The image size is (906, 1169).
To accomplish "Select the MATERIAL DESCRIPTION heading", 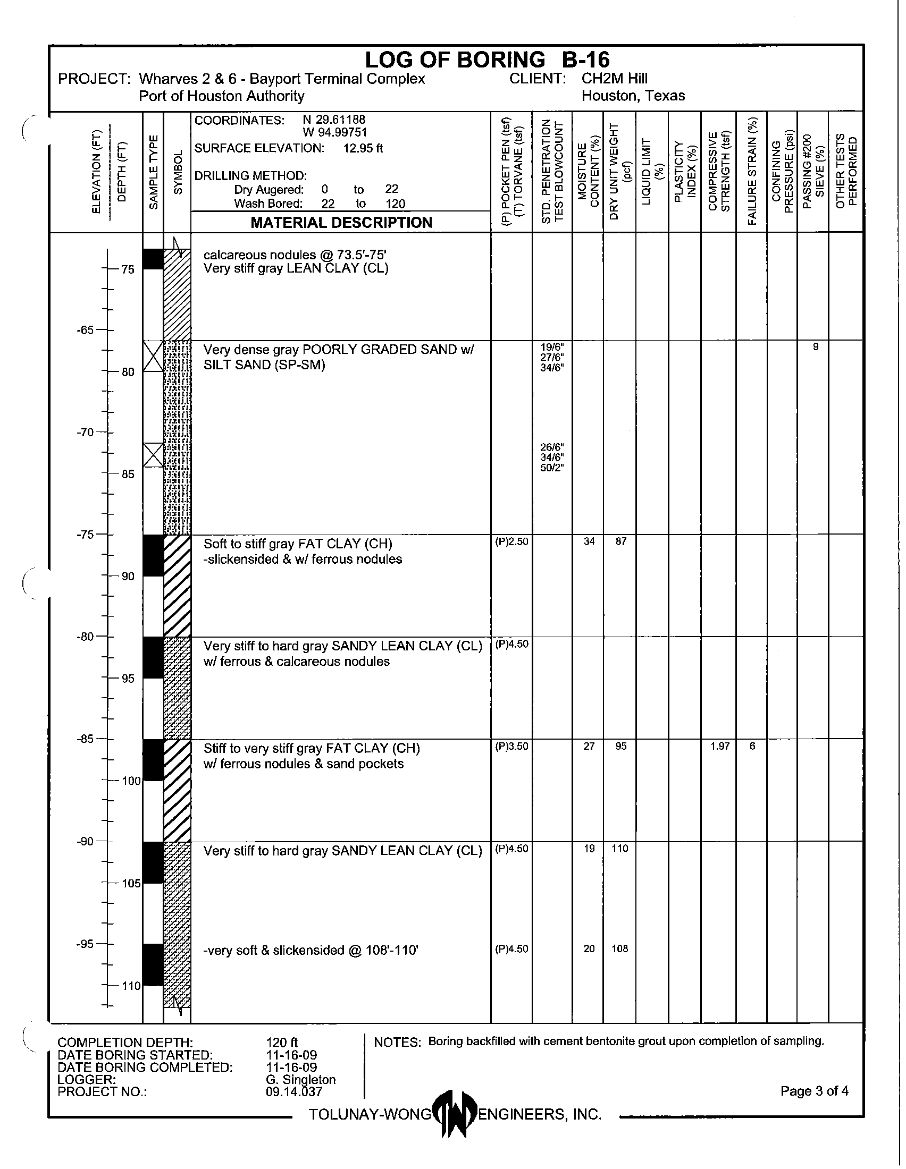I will click(341, 223).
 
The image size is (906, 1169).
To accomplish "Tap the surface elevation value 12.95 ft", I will click(363, 148).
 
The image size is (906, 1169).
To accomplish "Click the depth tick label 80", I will click(128, 372).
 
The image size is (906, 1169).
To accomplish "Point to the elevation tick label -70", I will click(85, 432).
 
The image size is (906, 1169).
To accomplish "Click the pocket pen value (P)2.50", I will click(511, 541).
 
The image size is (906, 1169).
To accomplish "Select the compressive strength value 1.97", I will click(720, 746).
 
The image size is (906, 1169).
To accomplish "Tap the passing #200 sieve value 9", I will click(816, 347).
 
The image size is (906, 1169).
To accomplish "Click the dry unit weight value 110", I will click(619, 849).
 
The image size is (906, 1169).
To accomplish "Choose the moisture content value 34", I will click(589, 541).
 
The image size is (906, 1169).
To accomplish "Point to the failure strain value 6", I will click(752, 746).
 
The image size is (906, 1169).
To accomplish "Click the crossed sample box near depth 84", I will click(153, 455).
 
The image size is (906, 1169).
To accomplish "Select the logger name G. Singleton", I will click(300, 1080).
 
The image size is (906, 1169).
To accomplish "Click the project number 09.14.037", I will click(294, 1091).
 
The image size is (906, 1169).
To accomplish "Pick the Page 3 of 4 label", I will click(814, 1091).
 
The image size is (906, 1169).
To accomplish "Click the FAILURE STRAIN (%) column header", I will click(752, 171).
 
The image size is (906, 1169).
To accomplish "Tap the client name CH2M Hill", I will click(614, 79).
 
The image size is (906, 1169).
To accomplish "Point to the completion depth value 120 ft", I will click(282, 1042).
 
